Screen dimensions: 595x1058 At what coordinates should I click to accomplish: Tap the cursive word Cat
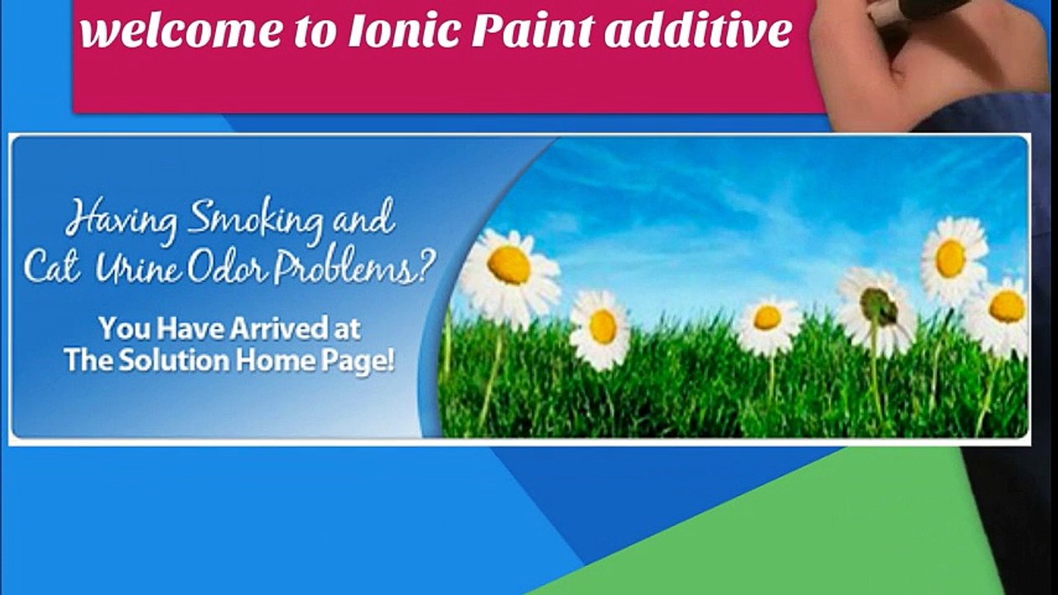click(51, 266)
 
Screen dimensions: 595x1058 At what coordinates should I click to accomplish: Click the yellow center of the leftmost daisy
click(509, 264)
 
